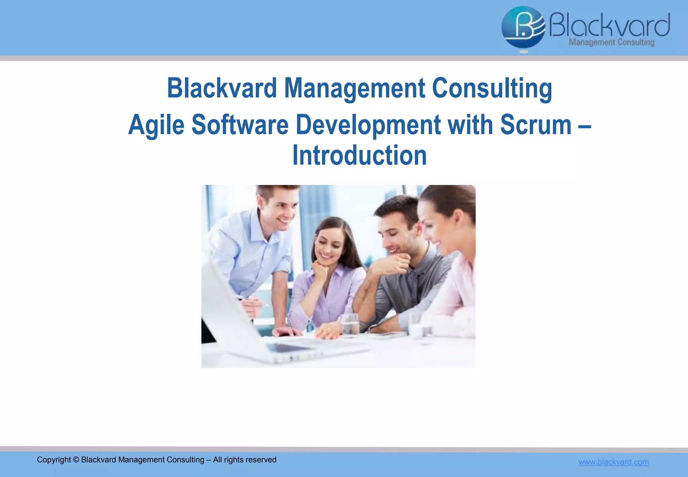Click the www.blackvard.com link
coord(613,462)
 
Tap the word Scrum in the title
coord(535,124)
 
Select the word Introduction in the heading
coord(359,155)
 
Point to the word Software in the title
coord(240,124)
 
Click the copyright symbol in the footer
coord(76,460)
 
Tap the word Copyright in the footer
coord(54,460)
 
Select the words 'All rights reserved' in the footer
coord(245,460)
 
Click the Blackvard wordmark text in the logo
coord(609,25)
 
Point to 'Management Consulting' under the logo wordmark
coord(611,42)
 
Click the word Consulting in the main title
coord(492,88)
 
